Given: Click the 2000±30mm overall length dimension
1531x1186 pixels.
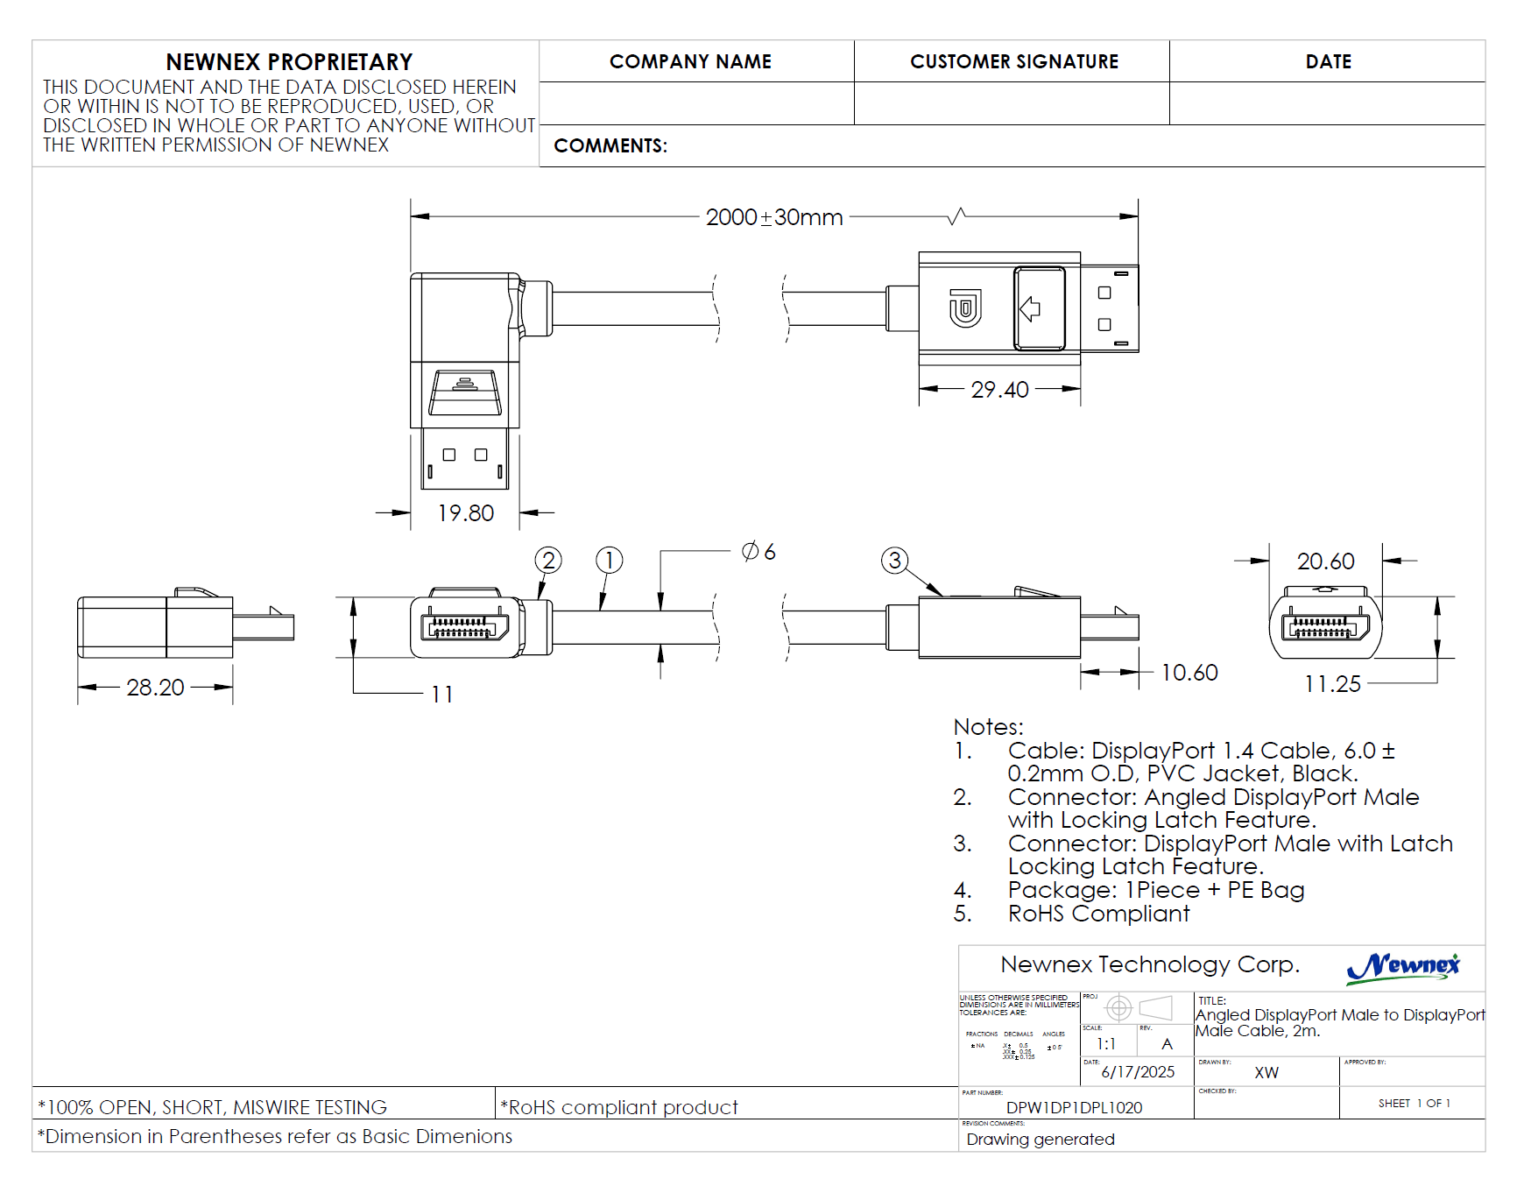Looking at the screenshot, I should click(774, 217).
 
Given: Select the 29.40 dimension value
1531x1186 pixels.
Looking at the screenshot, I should click(999, 390).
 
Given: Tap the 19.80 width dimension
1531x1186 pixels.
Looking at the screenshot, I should click(465, 513).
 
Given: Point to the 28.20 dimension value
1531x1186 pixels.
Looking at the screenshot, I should click(155, 688).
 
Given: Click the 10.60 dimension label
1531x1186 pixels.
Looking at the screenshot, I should click(1189, 673).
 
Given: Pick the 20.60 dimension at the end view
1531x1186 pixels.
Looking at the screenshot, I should click(1325, 561).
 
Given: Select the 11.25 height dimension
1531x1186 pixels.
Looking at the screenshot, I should click(1332, 684).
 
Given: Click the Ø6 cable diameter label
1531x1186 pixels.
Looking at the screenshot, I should click(758, 552).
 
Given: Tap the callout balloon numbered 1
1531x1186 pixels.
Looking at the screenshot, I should click(609, 560).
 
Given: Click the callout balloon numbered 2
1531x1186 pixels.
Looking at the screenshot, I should click(548, 560).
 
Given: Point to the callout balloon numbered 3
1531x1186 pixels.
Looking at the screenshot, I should click(894, 561).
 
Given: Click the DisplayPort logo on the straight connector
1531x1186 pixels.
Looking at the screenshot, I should click(965, 308).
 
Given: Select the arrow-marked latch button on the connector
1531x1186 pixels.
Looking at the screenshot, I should click(1039, 308).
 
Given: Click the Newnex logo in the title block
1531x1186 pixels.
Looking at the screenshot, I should click(1403, 967).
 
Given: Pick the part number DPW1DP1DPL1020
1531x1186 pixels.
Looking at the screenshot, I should click(1074, 1108).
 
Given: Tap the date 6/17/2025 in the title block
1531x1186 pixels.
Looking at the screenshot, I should click(1138, 1072).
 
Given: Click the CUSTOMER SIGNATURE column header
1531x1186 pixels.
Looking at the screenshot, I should click(1013, 62).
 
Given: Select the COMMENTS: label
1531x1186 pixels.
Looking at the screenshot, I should click(610, 146).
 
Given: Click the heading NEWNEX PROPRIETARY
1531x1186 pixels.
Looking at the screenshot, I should click(289, 62).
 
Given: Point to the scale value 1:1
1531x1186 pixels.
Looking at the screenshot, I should click(1106, 1044).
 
